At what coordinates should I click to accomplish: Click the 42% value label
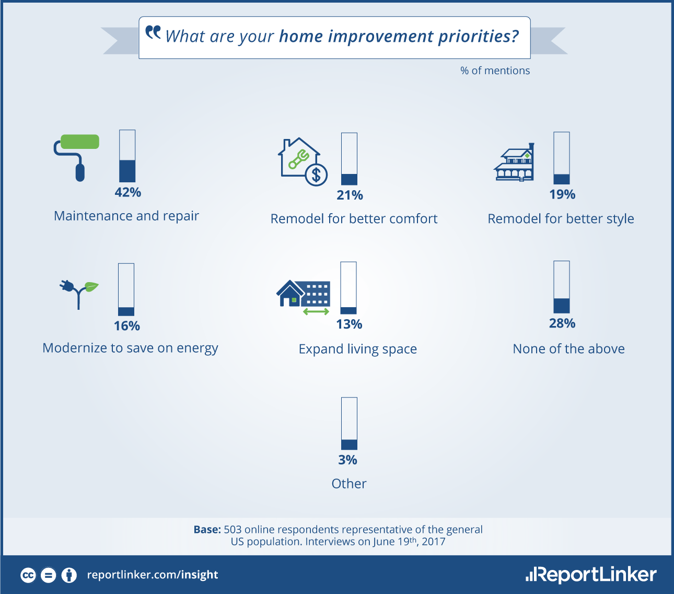(x=128, y=192)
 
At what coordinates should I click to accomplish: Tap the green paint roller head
(x=80, y=142)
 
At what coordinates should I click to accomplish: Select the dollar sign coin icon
(x=316, y=175)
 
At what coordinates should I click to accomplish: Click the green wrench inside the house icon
(x=299, y=159)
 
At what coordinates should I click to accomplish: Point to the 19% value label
(x=562, y=194)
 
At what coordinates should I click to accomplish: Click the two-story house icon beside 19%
(x=514, y=162)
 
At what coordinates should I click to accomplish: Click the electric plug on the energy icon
(x=67, y=286)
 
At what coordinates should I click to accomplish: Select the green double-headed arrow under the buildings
(x=316, y=312)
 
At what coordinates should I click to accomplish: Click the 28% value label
(x=562, y=323)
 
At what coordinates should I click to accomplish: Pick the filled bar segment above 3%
(x=350, y=445)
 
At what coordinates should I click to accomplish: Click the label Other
(x=349, y=484)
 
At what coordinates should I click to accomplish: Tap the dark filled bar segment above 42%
(x=127, y=171)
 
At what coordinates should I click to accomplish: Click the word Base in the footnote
(x=207, y=529)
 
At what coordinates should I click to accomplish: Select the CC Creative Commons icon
(x=28, y=575)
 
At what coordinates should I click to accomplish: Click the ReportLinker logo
(x=591, y=575)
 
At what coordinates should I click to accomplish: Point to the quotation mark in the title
(x=153, y=32)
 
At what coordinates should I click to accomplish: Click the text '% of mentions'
(x=495, y=71)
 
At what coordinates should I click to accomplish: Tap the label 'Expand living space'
(x=357, y=349)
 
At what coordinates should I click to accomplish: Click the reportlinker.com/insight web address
(x=153, y=575)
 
